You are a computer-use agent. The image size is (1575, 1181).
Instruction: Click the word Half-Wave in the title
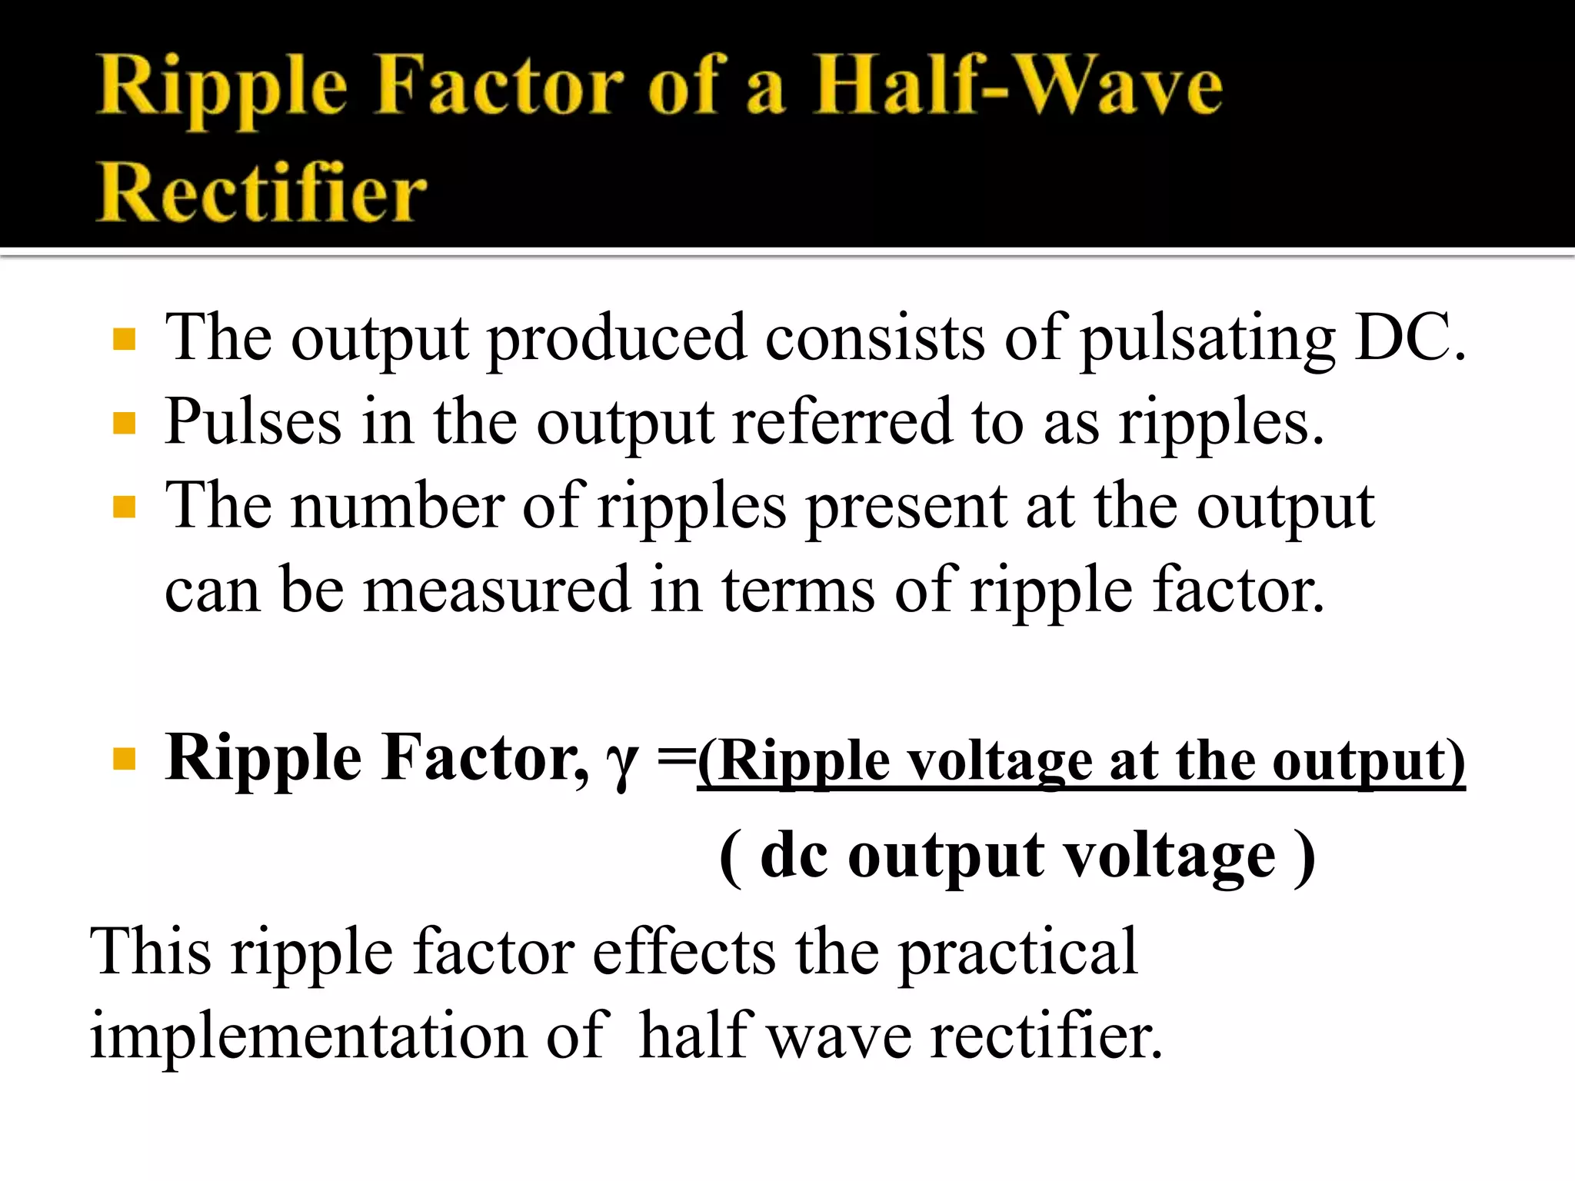click(x=1017, y=86)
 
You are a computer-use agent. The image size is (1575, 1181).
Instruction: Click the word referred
click(x=842, y=421)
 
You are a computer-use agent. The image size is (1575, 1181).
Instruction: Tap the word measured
click(x=496, y=590)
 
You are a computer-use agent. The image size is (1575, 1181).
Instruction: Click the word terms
click(x=797, y=590)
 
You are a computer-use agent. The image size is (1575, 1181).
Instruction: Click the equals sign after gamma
click(x=675, y=758)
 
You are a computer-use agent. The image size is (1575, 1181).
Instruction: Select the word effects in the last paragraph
click(x=684, y=952)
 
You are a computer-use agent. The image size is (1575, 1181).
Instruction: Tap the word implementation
click(x=308, y=1036)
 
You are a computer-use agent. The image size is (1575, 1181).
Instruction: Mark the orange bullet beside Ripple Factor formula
click(x=124, y=760)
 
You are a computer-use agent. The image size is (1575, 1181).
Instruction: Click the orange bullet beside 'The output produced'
click(x=124, y=339)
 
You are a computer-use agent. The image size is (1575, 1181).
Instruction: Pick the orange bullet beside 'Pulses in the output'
click(x=124, y=423)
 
